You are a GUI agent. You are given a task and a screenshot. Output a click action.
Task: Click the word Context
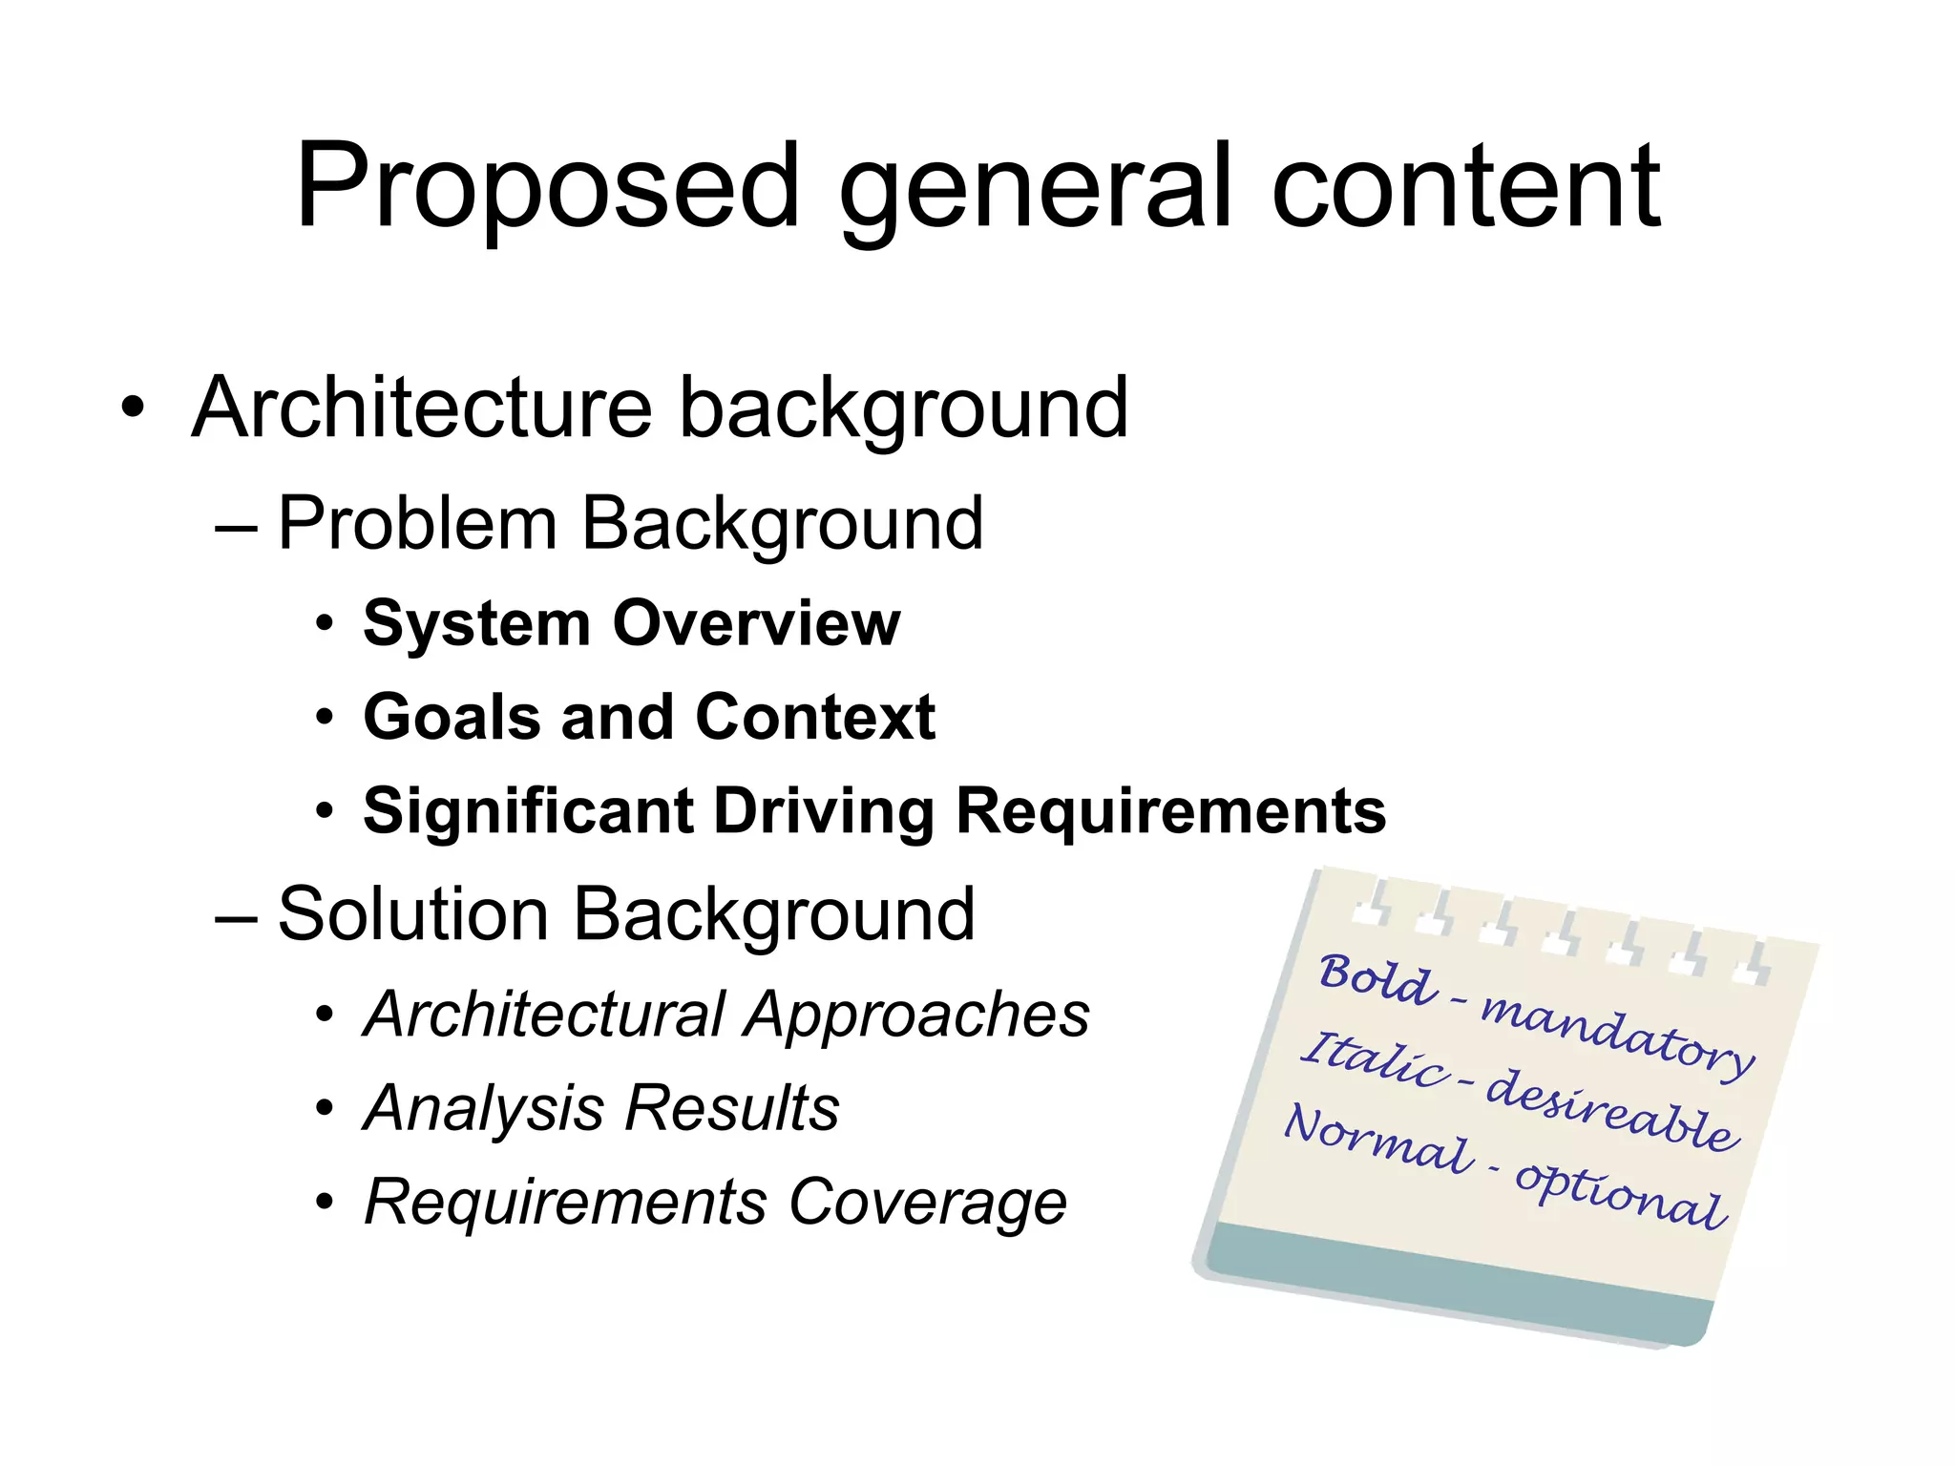[815, 717]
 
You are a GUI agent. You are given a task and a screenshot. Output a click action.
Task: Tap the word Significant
[528, 811]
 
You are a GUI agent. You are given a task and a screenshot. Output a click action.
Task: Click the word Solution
[412, 914]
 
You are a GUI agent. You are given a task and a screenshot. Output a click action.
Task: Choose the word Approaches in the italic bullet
[917, 1014]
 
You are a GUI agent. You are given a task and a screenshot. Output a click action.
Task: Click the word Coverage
[927, 1202]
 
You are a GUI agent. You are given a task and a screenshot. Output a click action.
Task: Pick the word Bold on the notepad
[1377, 978]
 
